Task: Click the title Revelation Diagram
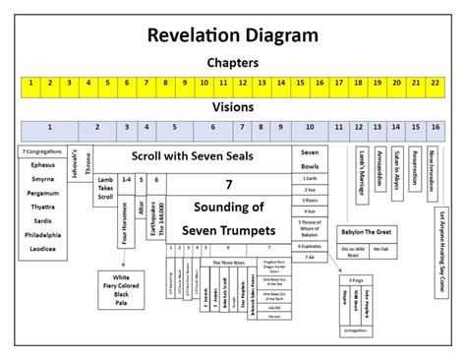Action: [x=233, y=37]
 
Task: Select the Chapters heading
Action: [x=233, y=62]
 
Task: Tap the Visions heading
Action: [x=233, y=107]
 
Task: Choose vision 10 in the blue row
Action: [x=310, y=128]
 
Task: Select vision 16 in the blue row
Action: [x=435, y=128]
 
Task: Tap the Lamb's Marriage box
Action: [x=361, y=169]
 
